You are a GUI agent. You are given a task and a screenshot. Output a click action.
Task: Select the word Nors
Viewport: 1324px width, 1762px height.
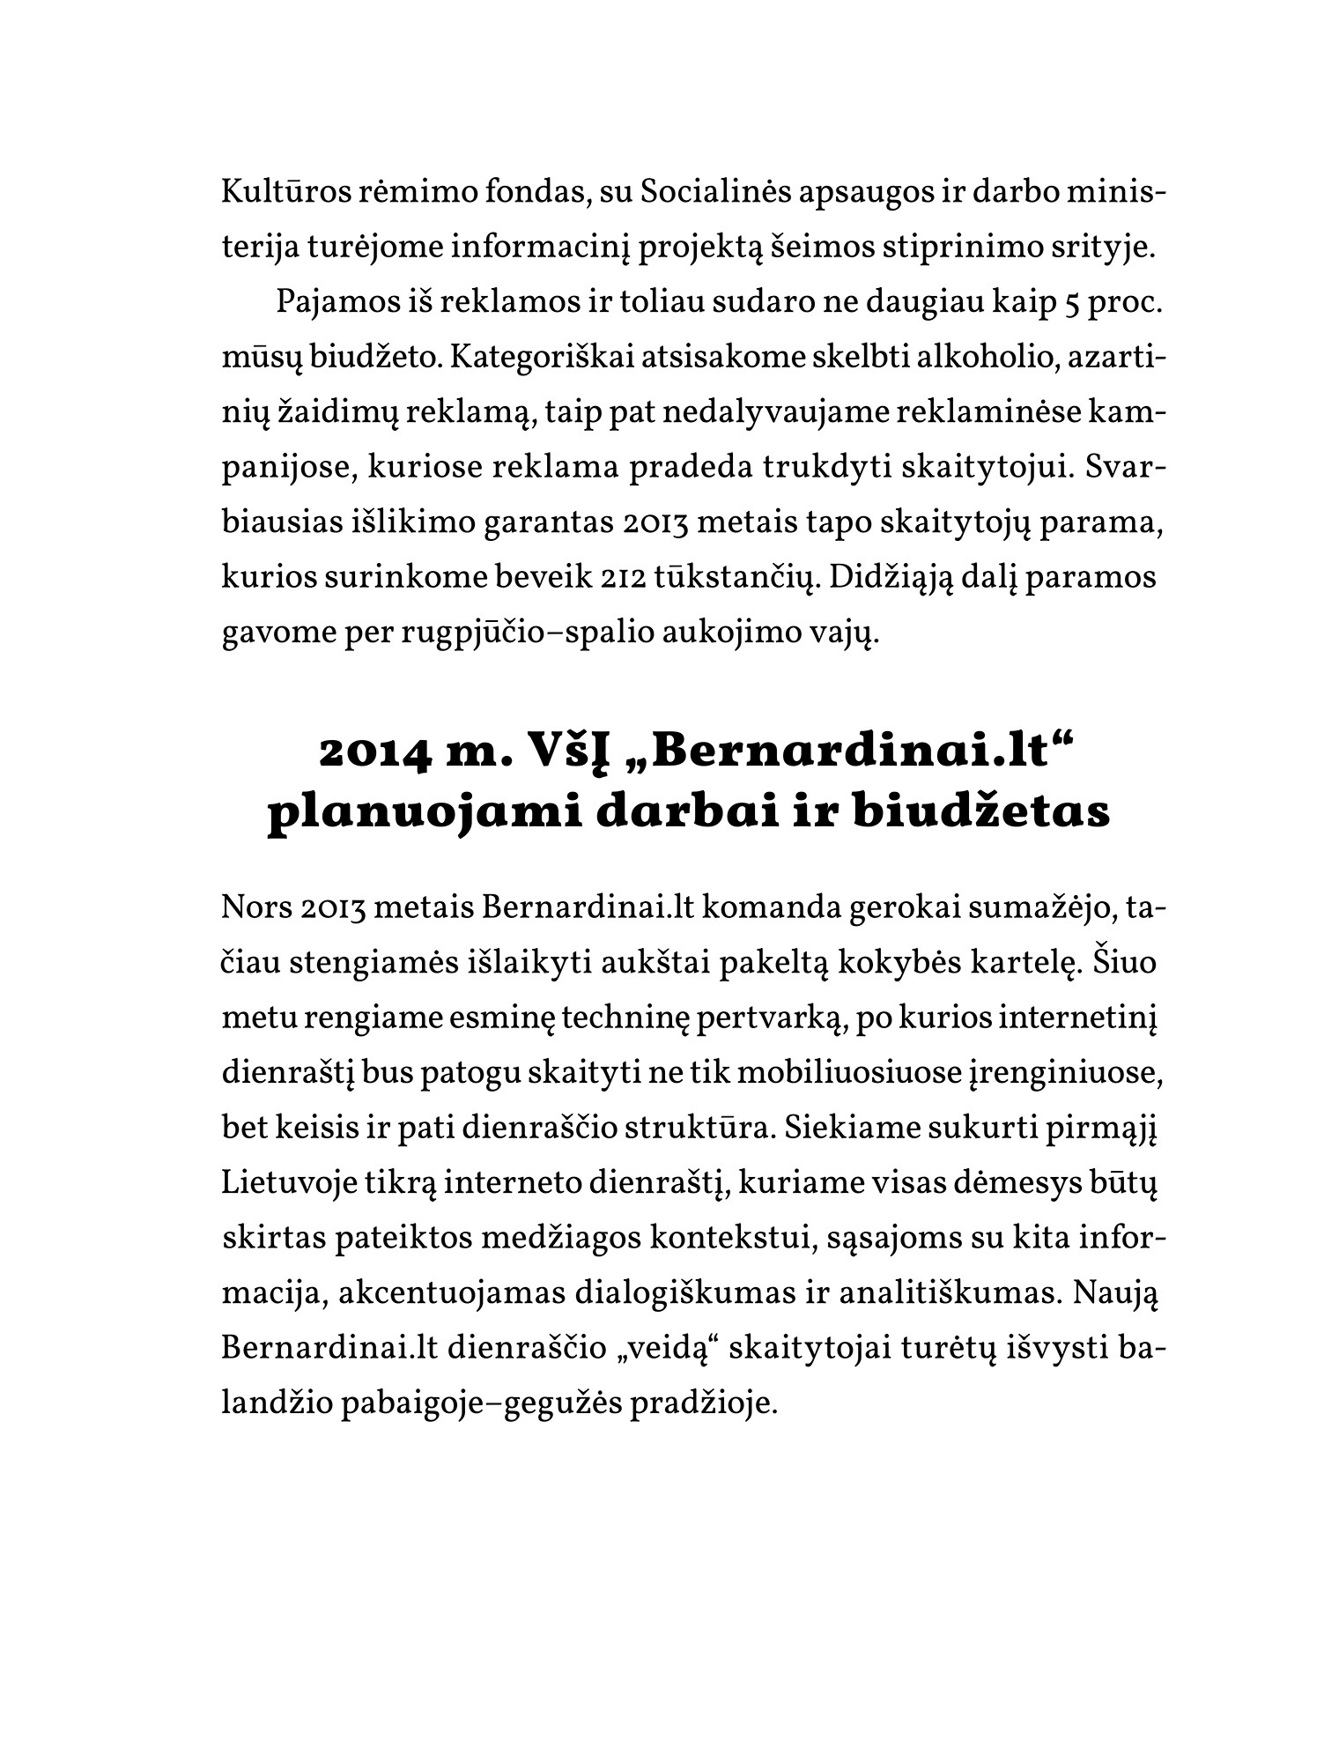point(255,909)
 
